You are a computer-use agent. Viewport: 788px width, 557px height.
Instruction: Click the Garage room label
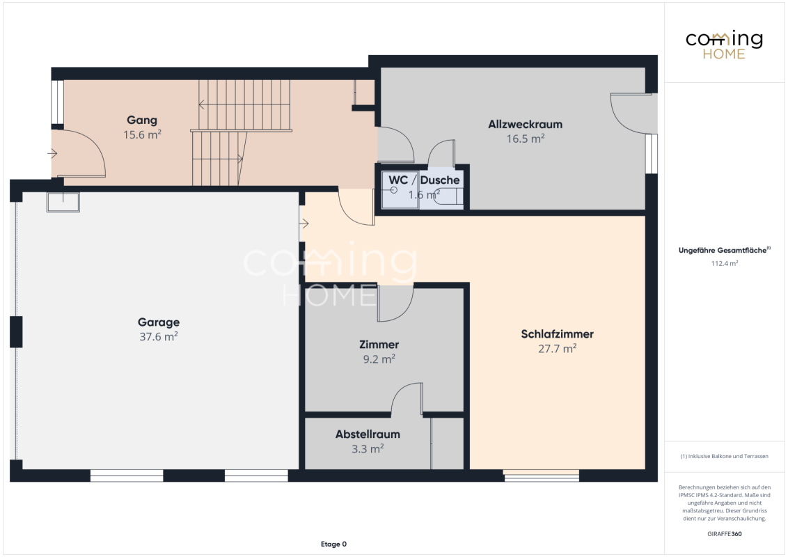coord(158,322)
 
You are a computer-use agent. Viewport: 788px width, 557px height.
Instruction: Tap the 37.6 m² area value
coord(158,336)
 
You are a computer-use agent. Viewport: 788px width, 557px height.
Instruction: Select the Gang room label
coord(142,120)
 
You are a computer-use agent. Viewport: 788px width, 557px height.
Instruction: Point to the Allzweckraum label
coord(525,124)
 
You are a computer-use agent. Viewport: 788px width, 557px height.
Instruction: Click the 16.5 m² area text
coord(525,139)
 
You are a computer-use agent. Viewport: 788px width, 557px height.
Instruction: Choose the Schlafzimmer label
coord(558,334)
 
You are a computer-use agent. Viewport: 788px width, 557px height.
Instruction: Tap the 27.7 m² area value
coord(558,348)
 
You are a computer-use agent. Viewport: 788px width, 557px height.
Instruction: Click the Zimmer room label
coord(379,345)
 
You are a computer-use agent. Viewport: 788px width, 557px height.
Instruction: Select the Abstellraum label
coord(368,434)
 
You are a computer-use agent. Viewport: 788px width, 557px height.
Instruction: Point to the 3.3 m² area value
coord(368,448)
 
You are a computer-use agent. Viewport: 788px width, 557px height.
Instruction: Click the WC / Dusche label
coord(424,180)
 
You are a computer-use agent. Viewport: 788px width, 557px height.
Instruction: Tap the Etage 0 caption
coord(333,544)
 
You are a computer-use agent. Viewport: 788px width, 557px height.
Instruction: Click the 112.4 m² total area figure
coord(724,263)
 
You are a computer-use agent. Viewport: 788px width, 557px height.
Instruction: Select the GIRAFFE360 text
coord(724,534)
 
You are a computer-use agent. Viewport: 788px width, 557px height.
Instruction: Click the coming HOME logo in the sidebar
coord(724,45)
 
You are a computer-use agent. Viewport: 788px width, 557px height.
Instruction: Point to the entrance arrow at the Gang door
coord(52,153)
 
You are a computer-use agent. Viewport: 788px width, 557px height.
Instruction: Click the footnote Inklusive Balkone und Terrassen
coord(724,457)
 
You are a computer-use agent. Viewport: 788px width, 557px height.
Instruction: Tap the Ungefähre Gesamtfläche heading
coord(724,250)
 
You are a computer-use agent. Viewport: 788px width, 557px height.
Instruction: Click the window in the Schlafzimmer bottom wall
coord(542,476)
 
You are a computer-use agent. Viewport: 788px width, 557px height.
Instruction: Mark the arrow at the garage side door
coord(304,223)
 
